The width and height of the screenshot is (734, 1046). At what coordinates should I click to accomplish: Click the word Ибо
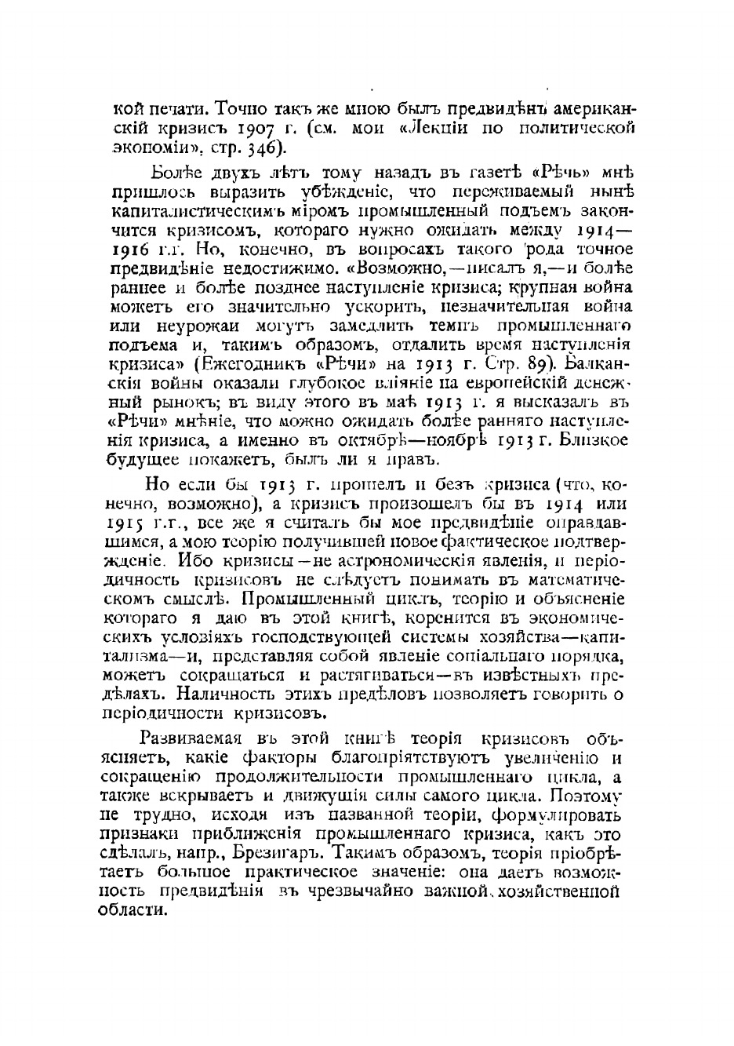pos(193,560)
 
